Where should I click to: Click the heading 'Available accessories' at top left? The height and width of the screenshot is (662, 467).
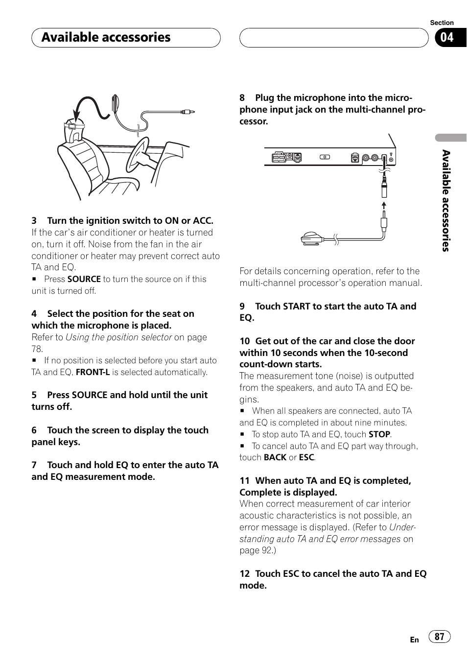106,37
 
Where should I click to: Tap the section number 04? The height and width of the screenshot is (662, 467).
447,37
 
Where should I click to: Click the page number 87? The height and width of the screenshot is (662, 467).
439,636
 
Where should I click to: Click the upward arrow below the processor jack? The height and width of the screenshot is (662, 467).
384,205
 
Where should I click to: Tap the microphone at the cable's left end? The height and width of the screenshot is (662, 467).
312,238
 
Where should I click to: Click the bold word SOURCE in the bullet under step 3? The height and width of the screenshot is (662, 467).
84,279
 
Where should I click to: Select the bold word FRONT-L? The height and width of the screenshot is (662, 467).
93,372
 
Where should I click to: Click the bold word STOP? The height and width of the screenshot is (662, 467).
379,434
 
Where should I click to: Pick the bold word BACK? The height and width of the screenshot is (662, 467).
275,457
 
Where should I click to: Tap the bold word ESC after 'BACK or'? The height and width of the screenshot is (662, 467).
306,457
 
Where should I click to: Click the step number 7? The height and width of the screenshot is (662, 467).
34,465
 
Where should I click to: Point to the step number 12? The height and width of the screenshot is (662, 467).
245,574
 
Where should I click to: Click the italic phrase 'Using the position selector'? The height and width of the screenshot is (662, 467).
118,337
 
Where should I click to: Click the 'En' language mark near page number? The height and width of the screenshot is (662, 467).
415,639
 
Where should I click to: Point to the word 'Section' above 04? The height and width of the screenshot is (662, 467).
442,23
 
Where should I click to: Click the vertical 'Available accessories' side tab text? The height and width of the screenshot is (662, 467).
445,201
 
